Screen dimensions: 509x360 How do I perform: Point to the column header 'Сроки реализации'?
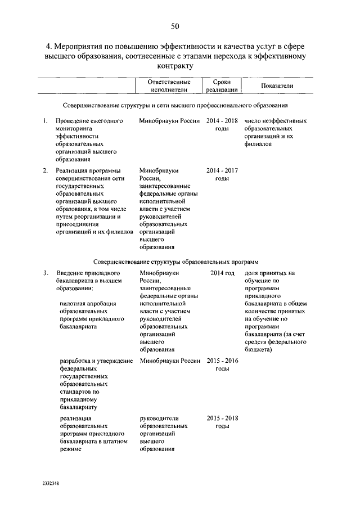point(221,85)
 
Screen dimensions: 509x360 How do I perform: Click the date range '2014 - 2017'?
point(222,169)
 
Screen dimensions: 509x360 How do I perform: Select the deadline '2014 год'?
point(222,273)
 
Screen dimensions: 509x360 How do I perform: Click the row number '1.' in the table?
point(44,120)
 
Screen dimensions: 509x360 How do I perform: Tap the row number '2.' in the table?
point(44,169)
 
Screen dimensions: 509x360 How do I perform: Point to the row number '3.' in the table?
point(44,273)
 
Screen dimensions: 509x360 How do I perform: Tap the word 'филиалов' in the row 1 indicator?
point(258,144)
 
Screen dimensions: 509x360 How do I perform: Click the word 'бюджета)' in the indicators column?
point(258,350)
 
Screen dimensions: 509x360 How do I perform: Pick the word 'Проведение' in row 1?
point(73,120)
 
